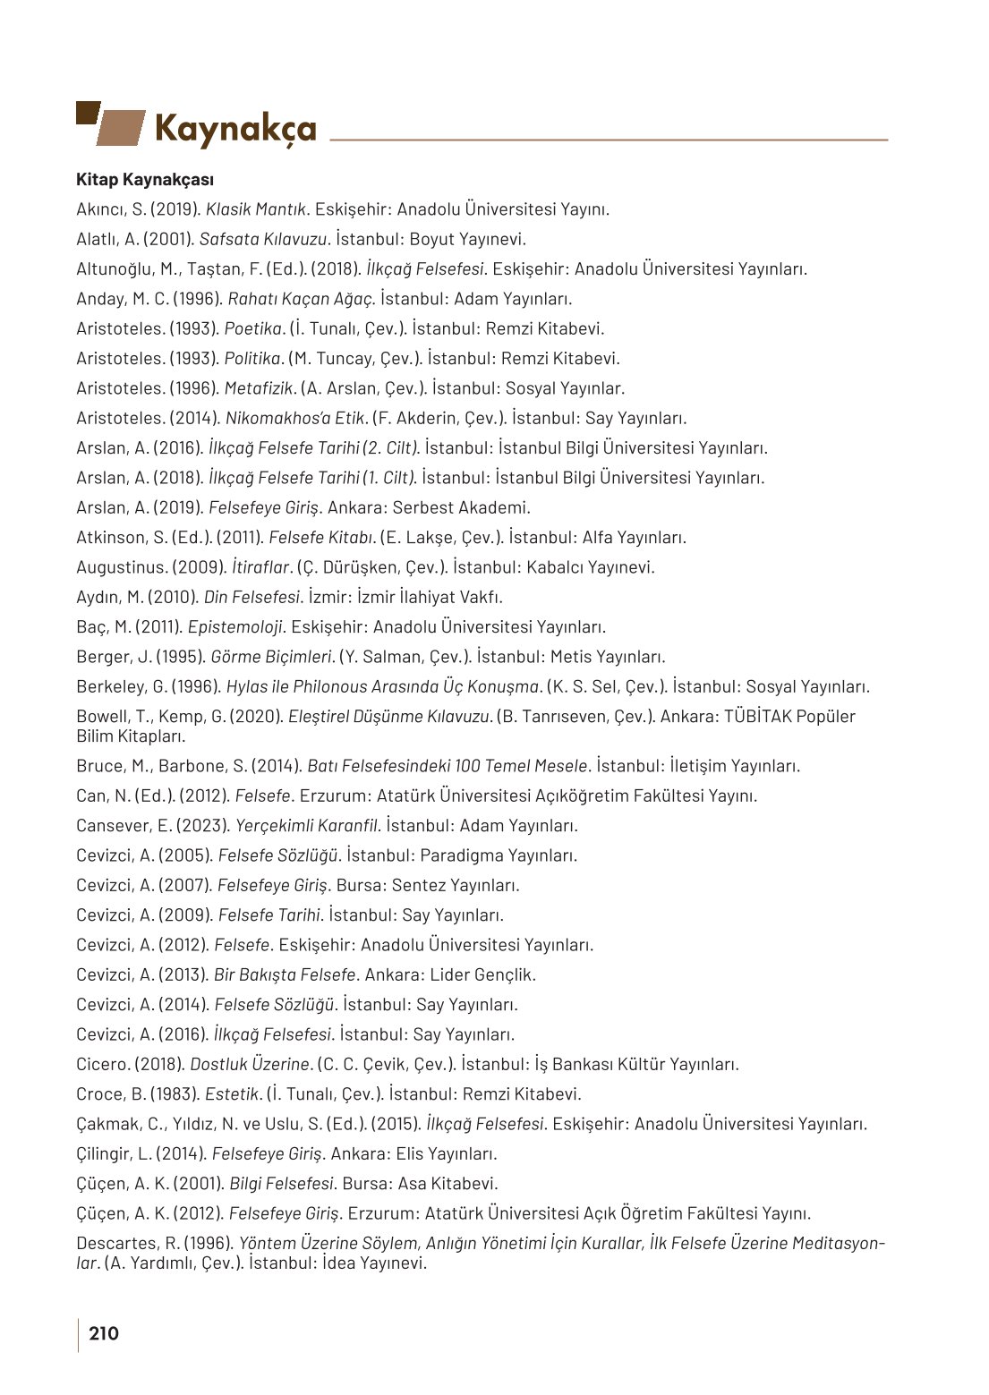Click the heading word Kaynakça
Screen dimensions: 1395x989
[x=235, y=129]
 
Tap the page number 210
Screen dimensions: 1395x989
[x=104, y=1333]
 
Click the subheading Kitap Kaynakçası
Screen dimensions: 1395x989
[x=145, y=180]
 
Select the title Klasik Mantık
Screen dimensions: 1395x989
[x=257, y=209]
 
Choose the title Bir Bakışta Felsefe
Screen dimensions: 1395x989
[x=285, y=974]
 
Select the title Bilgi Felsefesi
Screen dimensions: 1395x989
[x=281, y=1183]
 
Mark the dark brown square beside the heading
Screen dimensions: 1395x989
[x=87, y=112]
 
